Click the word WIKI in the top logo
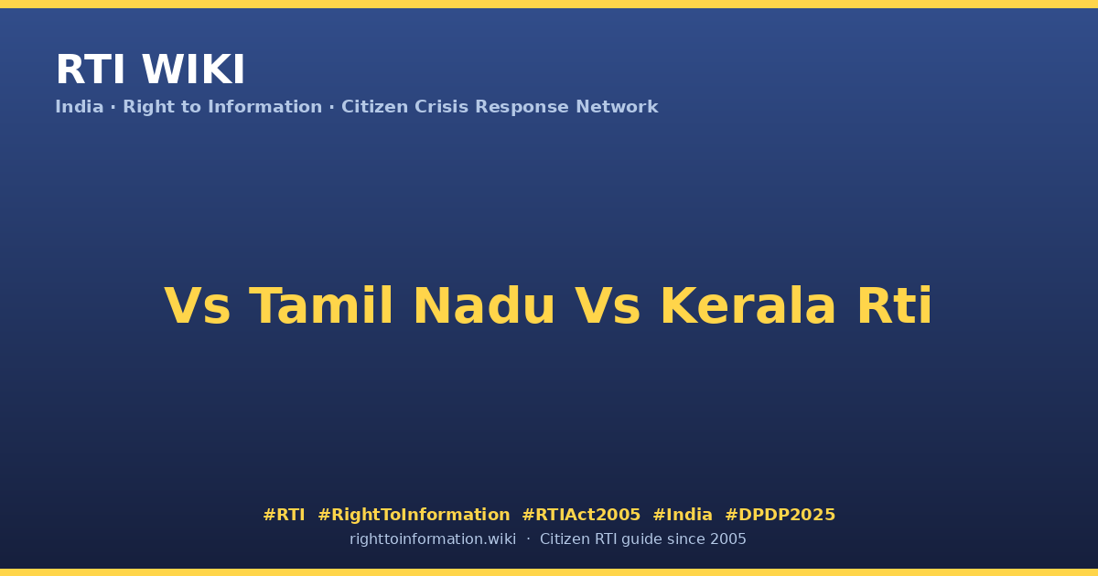(x=193, y=69)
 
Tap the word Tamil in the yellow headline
(x=321, y=305)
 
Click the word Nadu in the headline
(x=484, y=305)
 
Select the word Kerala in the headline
(x=748, y=305)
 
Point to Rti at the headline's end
(x=895, y=305)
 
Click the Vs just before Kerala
(x=608, y=306)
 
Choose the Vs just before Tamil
(x=197, y=306)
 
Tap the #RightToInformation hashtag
(x=414, y=515)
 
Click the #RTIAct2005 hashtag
(x=581, y=515)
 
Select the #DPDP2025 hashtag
(x=780, y=515)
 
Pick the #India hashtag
(x=683, y=515)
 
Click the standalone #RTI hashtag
(x=284, y=515)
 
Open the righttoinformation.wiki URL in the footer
(x=433, y=539)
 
